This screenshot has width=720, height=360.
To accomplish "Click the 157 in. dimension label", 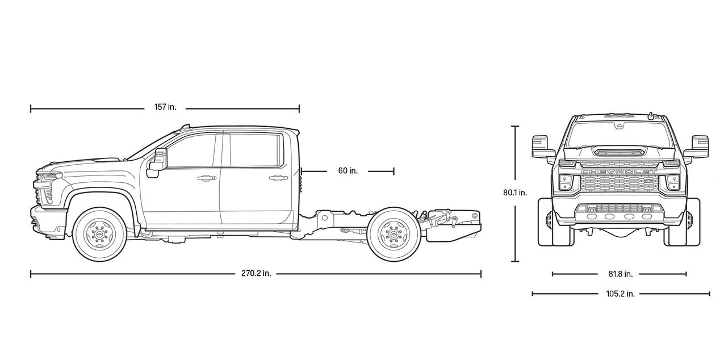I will pos(165,107).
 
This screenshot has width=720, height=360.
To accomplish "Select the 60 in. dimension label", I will pos(348,170).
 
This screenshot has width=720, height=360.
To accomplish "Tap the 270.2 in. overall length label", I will pos(256,274).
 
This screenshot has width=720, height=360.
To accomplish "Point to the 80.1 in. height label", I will pos(514,192).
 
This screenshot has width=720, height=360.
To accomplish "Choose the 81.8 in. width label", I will pos(620,274).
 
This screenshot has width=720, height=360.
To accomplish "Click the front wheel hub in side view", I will pos(100,235).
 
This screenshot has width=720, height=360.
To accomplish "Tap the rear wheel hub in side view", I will pos(393,235).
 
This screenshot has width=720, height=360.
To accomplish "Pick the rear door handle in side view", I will pos(278,178).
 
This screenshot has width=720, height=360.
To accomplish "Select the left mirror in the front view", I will pos(541,146).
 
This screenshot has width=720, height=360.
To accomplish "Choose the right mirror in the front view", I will pos(699,146).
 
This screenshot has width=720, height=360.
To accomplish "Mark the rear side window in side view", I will pos(254,150).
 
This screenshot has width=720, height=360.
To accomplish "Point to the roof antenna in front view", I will pos(648,115).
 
